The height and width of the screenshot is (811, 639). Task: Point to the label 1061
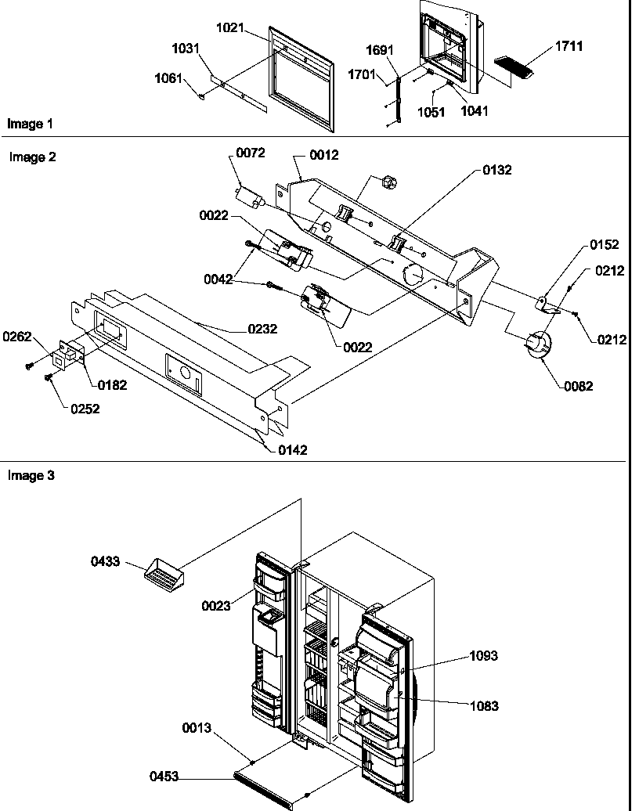pyautogui.click(x=170, y=77)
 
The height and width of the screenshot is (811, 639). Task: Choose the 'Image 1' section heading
pyautogui.click(x=30, y=124)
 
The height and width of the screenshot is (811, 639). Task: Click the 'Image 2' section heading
pyautogui.click(x=32, y=157)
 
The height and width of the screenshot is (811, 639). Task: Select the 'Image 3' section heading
pyautogui.click(x=31, y=475)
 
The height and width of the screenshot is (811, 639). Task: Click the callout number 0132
pyautogui.click(x=497, y=169)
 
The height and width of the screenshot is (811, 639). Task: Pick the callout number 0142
pyautogui.click(x=291, y=449)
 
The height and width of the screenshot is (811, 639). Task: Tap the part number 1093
pyautogui.click(x=485, y=656)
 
